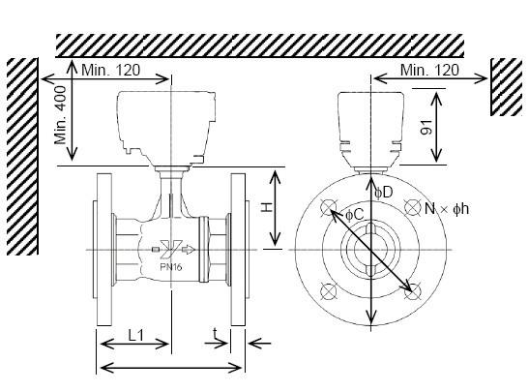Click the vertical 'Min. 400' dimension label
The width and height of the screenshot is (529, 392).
click(60, 115)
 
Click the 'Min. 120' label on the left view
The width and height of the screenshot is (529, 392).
click(110, 70)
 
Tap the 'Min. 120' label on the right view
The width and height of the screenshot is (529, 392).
click(429, 70)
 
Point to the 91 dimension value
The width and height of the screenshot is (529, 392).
click(426, 127)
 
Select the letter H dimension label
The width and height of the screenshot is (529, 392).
click(267, 207)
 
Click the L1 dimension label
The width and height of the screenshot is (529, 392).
click(136, 335)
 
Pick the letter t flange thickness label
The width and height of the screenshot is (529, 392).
click(215, 333)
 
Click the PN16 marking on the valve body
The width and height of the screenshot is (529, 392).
click(171, 267)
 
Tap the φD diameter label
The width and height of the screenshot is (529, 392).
click(384, 193)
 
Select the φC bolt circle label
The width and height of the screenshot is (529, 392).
click(355, 215)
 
